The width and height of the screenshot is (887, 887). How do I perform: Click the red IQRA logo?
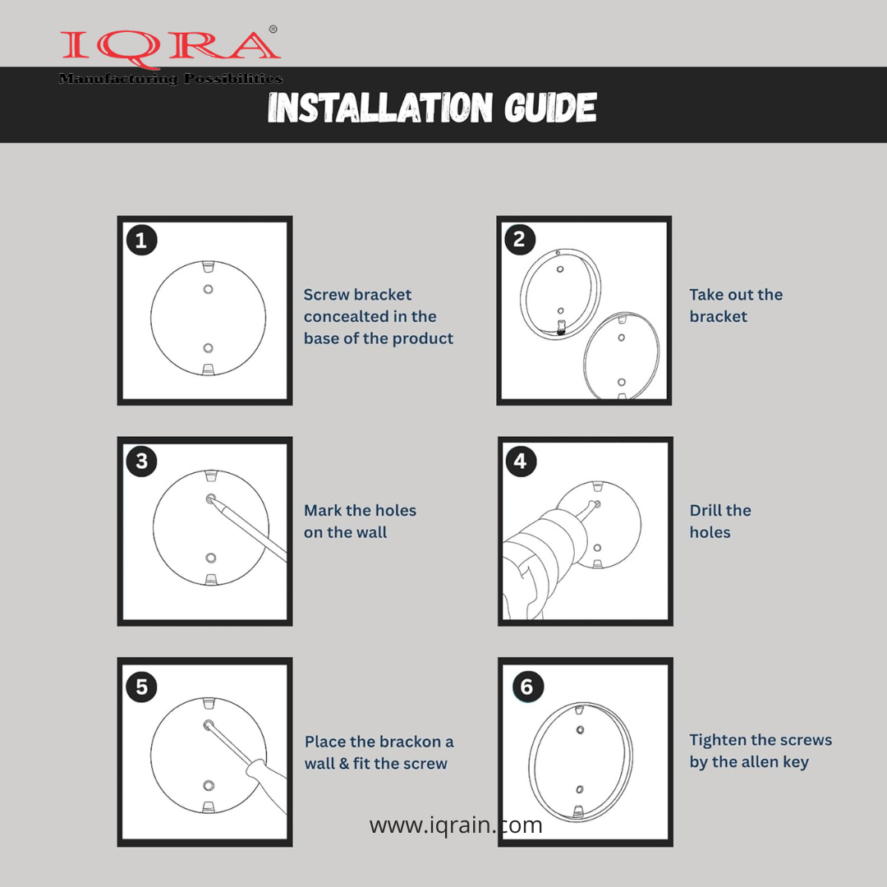coord(170,45)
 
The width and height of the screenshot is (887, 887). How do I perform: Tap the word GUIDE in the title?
coord(549,108)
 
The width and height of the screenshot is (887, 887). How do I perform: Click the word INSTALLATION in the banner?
coord(380,108)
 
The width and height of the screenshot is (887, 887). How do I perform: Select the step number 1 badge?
coord(141,241)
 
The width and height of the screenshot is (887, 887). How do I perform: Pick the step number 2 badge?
coord(519,239)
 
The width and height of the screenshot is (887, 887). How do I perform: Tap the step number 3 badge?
coord(141,461)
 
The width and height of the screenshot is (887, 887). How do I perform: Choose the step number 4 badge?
coord(521,461)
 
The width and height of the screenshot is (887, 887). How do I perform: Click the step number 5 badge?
coord(141,687)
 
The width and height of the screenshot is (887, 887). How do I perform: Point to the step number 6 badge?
coord(527,687)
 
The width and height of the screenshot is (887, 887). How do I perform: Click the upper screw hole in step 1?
coord(208,289)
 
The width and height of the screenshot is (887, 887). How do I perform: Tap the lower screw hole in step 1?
coord(208,348)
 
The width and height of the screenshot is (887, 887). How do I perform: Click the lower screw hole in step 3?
coord(210,558)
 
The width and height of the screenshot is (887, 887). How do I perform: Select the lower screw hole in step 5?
coord(208,785)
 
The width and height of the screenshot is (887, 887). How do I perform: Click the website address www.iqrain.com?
coord(455,825)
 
